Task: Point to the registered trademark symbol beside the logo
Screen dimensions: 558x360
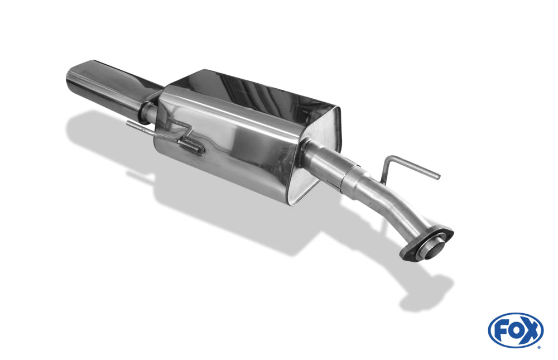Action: pyautogui.click(x=539, y=347)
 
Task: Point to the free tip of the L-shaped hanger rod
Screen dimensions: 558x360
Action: pyautogui.click(x=439, y=176)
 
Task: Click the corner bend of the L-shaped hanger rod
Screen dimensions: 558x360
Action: pyautogui.click(x=389, y=159)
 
